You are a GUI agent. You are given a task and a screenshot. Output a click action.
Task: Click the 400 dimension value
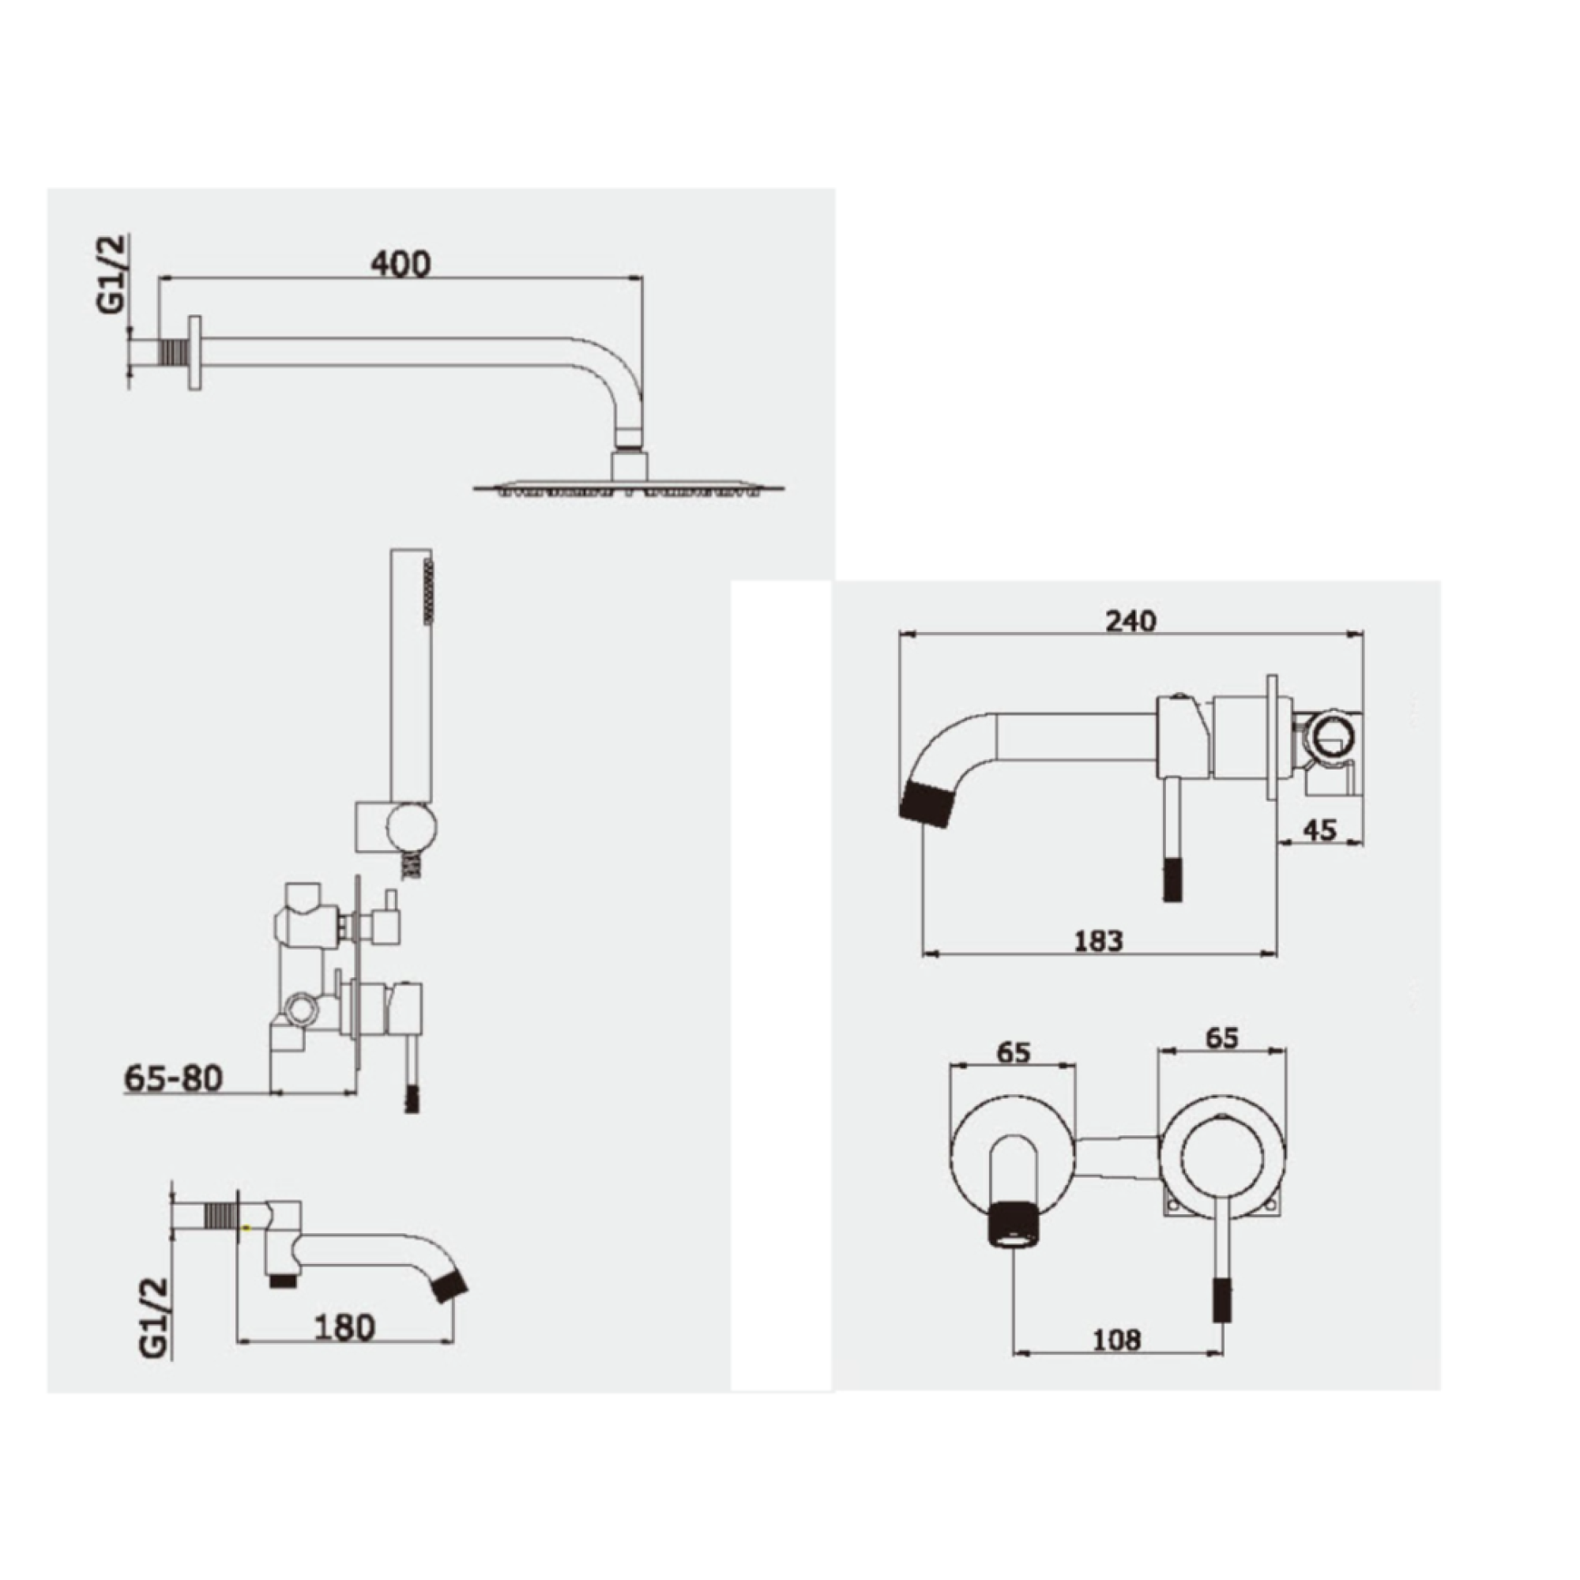401,263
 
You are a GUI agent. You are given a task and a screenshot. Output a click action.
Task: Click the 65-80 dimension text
173,1078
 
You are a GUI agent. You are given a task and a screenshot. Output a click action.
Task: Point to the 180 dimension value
344,1326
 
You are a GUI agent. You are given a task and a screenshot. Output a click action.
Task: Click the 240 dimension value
1131,622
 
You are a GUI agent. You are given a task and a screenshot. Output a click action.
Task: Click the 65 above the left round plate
1014,1052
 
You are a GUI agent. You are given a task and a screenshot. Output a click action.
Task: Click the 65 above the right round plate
1222,1038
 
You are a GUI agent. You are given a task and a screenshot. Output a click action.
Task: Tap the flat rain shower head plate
628,488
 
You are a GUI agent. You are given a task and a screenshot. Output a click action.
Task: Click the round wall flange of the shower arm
194,352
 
